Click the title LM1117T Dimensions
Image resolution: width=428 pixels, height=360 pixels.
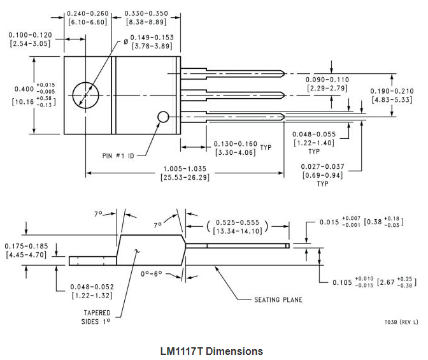(x=212, y=351)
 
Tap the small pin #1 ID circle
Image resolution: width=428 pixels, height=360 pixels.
(x=163, y=117)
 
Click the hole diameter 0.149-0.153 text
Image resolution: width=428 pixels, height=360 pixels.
(x=152, y=41)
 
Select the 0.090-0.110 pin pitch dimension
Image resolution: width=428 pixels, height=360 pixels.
(x=327, y=83)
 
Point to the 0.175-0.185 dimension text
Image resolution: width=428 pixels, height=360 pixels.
(x=26, y=249)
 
